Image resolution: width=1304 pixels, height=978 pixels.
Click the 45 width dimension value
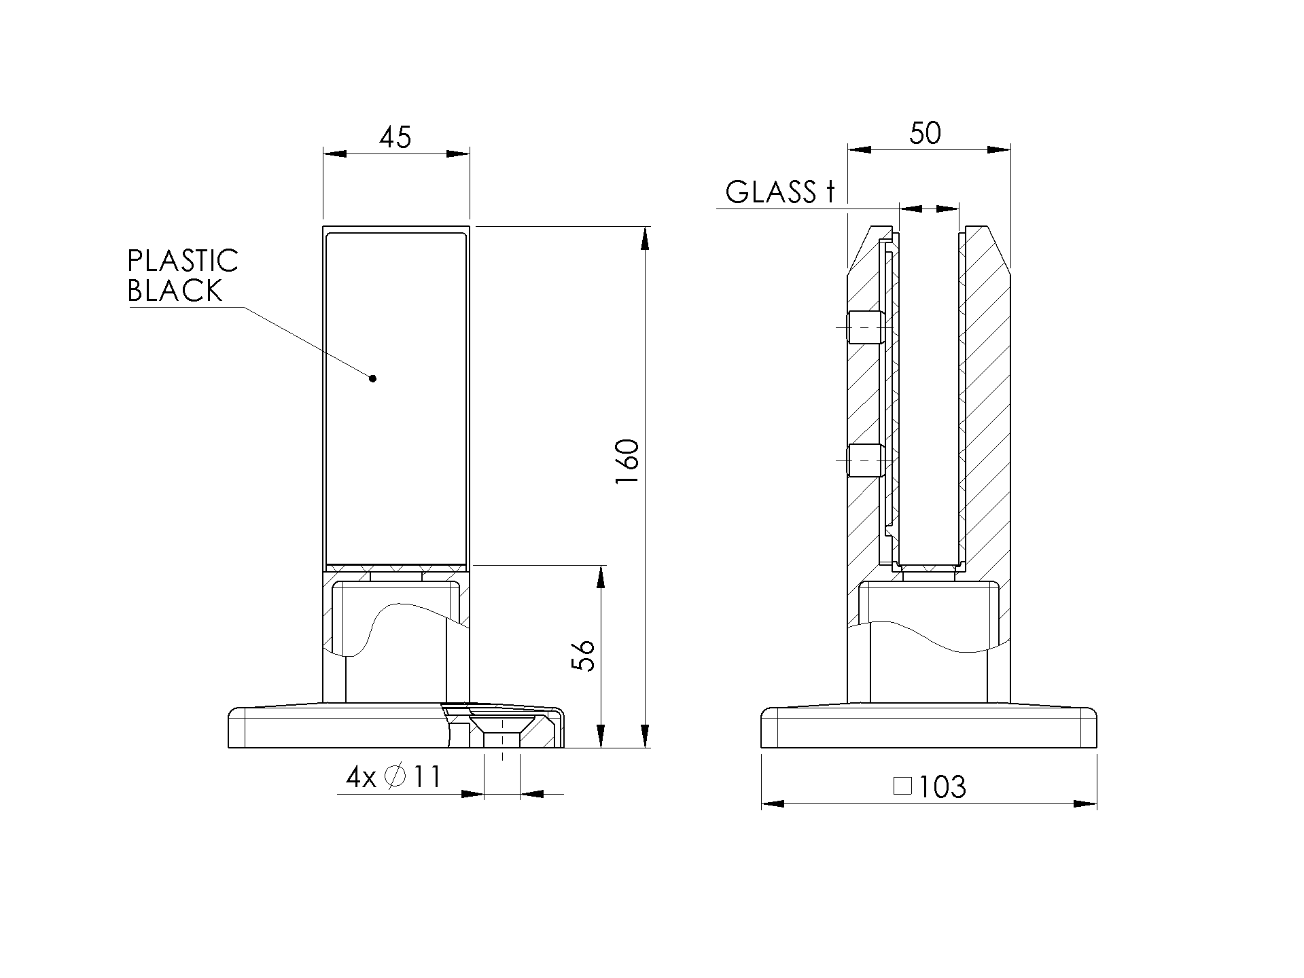(x=395, y=137)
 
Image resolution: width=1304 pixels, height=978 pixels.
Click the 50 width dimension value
(x=925, y=133)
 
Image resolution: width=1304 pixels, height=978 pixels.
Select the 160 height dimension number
(x=627, y=462)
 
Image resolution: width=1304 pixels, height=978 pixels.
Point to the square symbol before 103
(x=902, y=786)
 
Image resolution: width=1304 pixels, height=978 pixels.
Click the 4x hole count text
(x=361, y=777)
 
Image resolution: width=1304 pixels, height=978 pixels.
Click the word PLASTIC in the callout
(x=183, y=261)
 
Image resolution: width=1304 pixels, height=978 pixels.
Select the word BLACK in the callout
(x=175, y=291)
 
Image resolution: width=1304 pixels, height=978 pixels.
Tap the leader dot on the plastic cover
(x=372, y=378)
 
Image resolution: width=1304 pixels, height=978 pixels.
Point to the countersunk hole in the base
(x=502, y=727)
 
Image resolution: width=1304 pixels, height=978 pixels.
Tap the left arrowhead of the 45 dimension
(x=335, y=154)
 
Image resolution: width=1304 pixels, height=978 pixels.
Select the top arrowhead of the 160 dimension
(x=645, y=238)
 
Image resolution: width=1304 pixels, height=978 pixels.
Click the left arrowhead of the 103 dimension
(x=773, y=804)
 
